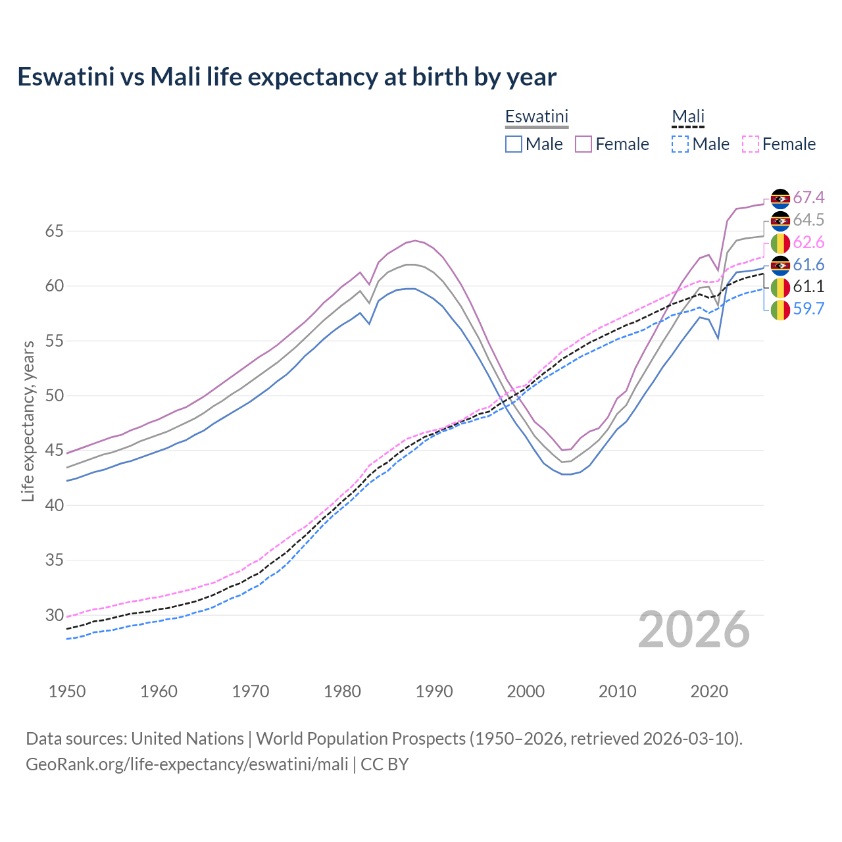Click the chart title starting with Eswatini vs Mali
point(287,77)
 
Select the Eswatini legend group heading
point(536,116)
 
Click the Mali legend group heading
point(687,116)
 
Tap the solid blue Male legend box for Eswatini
point(514,144)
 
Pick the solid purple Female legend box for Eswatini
point(583,144)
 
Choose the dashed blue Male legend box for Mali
point(680,144)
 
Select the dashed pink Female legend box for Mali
point(750,144)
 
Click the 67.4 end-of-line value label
point(808,197)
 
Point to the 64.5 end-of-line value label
point(808,220)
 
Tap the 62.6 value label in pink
point(808,242)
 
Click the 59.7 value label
point(808,309)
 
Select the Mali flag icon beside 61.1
point(780,287)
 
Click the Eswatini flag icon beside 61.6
point(780,264)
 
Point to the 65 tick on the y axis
point(54,231)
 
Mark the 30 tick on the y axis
point(54,615)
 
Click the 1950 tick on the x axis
point(67,691)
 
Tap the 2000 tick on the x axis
point(526,691)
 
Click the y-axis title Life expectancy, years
point(28,421)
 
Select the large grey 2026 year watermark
point(693,630)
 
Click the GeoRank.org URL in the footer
point(187,764)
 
